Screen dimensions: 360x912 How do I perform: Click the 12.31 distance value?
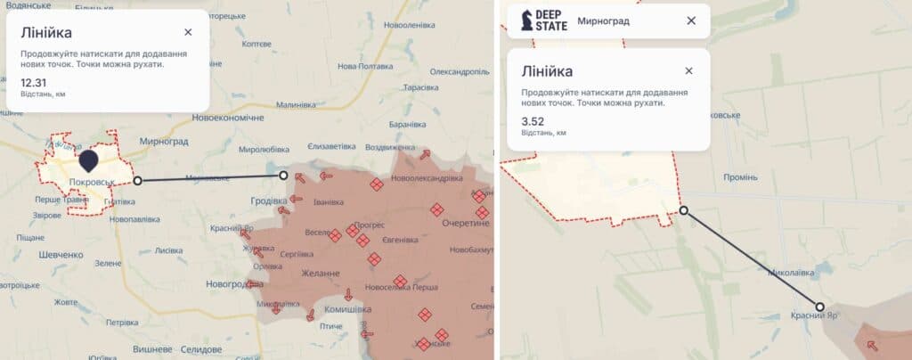(x=33, y=83)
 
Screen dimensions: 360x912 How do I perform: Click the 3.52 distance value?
(x=533, y=122)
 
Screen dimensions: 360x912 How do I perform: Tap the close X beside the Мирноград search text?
(x=691, y=20)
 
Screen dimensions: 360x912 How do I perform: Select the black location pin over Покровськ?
(x=89, y=161)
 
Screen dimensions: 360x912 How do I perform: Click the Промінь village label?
(x=740, y=176)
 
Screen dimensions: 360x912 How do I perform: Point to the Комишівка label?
(x=346, y=309)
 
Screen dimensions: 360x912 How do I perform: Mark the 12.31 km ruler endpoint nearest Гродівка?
(x=284, y=176)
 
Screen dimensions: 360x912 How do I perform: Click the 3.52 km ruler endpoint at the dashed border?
(x=683, y=211)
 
